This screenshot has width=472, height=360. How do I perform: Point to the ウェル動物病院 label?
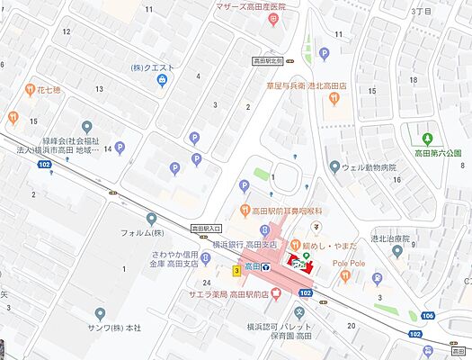[x=370, y=166]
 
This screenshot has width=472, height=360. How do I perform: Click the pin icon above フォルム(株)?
[x=151, y=219]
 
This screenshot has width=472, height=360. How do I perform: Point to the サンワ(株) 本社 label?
[x=129, y=326]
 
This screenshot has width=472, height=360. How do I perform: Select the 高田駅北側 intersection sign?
[x=267, y=61]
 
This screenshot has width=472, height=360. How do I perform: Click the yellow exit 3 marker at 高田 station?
[x=236, y=270]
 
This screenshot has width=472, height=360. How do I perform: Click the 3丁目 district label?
[x=421, y=12]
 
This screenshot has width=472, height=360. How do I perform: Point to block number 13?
[x=99, y=89]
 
